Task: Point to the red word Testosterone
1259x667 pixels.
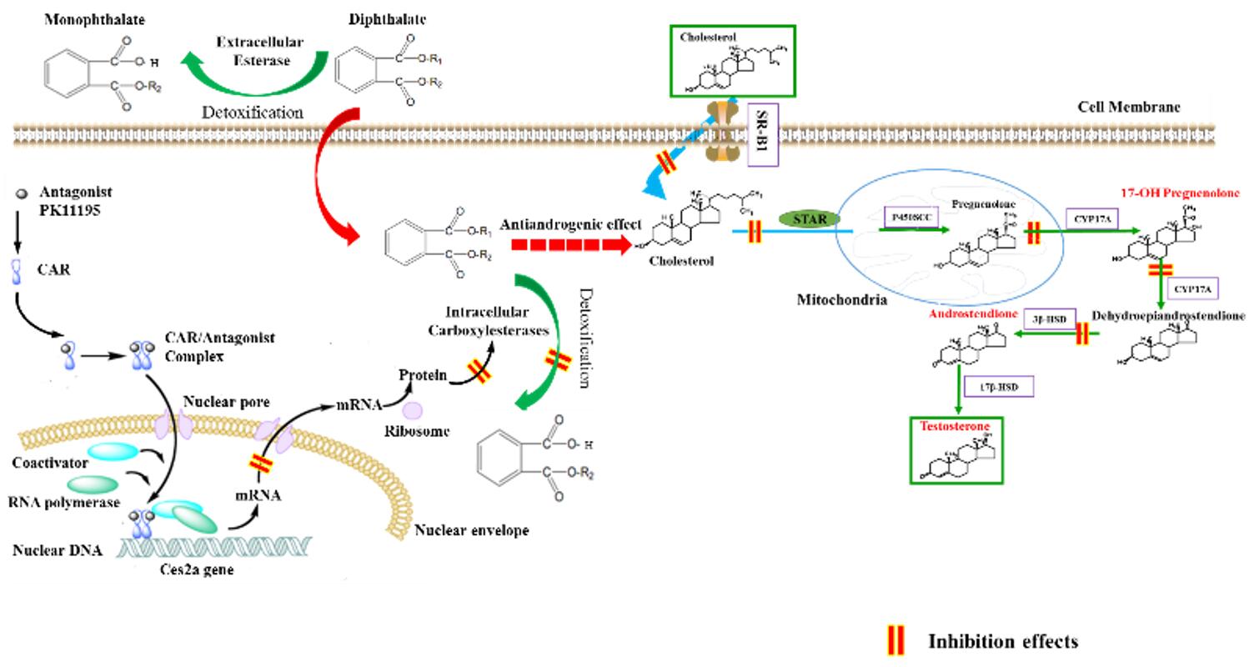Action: pos(955,426)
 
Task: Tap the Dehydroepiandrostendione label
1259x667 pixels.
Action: pos(1169,316)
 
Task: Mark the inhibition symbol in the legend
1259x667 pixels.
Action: pos(895,640)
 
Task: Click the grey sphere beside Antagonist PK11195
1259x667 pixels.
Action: pos(21,193)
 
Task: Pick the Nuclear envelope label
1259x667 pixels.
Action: pos(471,530)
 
